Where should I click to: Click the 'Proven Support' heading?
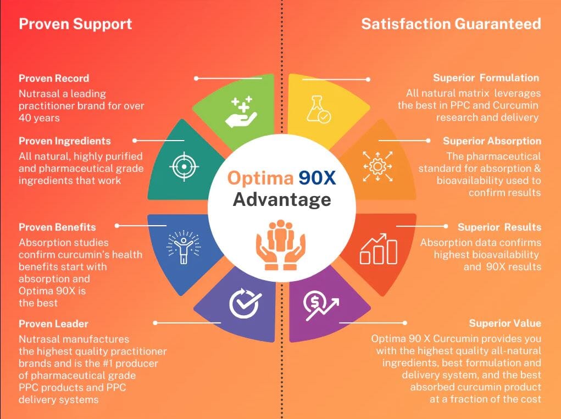(75, 24)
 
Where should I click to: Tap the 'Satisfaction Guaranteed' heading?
(451, 24)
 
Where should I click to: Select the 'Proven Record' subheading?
(54, 79)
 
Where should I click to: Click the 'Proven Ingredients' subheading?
(64, 141)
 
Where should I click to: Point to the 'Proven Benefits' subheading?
(57, 227)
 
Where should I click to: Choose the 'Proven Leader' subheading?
(53, 324)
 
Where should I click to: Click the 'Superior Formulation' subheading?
(486, 78)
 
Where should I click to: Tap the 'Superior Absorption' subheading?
(492, 141)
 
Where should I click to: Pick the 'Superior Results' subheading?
(499, 227)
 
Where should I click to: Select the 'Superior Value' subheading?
(505, 323)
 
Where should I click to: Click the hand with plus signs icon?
(241, 111)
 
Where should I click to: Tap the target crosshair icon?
(184, 166)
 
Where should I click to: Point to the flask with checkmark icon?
(319, 109)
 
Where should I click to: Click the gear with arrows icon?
(377, 166)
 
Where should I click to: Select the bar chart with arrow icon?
(379, 249)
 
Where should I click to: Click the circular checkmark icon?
(245, 303)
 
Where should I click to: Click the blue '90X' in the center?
(317, 178)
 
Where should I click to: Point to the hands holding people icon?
(280, 245)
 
